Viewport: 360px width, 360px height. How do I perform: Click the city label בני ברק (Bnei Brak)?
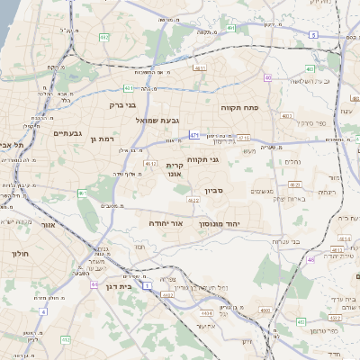tap(122, 104)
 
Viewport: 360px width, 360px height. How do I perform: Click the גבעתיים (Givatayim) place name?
tap(67, 133)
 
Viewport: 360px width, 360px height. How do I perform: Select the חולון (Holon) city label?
tap(20, 255)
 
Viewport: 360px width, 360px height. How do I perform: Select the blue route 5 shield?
tap(313, 34)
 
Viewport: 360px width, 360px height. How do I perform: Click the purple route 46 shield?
tap(311, 259)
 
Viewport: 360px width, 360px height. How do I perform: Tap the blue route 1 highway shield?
tap(147, 284)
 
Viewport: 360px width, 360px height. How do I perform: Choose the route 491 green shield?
tap(232, 29)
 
